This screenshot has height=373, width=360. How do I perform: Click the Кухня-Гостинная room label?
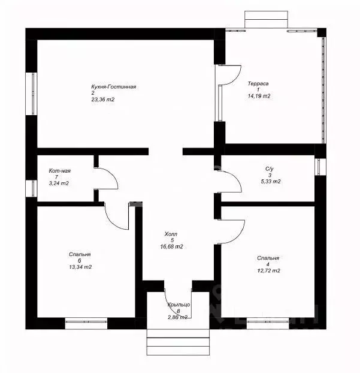click(114, 87)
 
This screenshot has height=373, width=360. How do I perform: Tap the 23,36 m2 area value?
click(102, 100)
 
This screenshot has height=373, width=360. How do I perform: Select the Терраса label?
click(258, 83)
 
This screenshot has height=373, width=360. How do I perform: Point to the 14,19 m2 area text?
click(259, 96)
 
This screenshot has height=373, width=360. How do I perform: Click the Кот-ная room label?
click(60, 170)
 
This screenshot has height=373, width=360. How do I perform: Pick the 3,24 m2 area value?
click(59, 183)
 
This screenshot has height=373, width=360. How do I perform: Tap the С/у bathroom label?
click(269, 169)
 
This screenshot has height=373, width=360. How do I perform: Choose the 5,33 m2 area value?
click(271, 181)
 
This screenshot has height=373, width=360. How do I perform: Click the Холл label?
click(171, 234)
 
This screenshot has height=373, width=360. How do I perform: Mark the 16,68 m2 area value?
click(171, 246)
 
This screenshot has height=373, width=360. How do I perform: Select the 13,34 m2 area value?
click(80, 267)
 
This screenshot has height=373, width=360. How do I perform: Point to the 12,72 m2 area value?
click(268, 270)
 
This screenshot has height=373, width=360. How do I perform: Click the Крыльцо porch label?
click(179, 305)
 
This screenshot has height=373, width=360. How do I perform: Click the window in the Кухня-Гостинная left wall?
click(31, 94)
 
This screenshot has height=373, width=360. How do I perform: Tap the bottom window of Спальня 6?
click(86, 323)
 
